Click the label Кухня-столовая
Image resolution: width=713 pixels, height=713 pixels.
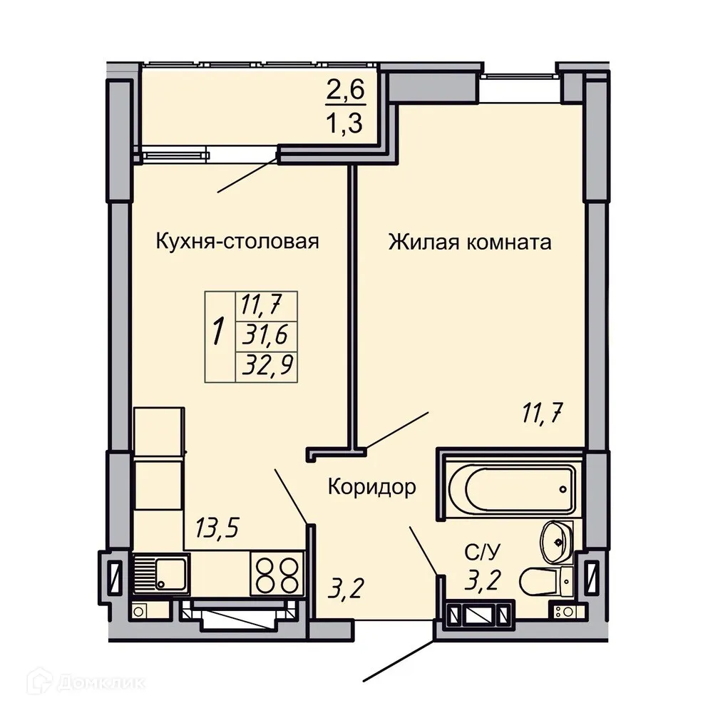237,242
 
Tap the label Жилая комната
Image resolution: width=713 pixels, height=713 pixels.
470,242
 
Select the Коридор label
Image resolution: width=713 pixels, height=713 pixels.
371,488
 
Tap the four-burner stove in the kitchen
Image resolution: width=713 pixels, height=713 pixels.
276,573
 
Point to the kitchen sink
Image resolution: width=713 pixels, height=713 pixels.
161,573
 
